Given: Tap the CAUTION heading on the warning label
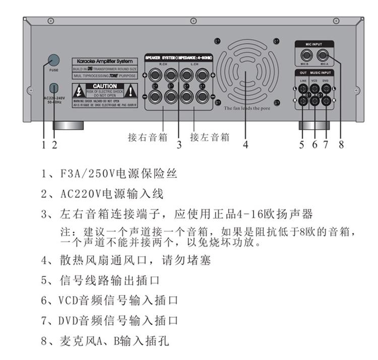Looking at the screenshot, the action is [104, 87].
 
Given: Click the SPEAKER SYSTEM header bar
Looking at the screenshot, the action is [179, 58].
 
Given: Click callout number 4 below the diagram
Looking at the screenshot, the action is [245, 145].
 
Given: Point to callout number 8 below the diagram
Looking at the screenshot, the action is [341, 145].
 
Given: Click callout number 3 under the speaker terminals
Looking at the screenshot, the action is [179, 146].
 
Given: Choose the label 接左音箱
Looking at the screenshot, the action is [210, 136].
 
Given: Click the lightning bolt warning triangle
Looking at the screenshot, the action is [79, 92].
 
